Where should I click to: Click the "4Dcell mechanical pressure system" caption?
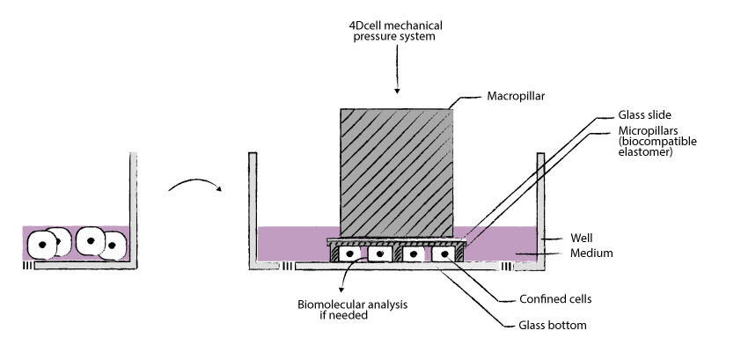click(397, 32)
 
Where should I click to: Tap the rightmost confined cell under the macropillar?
click(444, 253)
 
